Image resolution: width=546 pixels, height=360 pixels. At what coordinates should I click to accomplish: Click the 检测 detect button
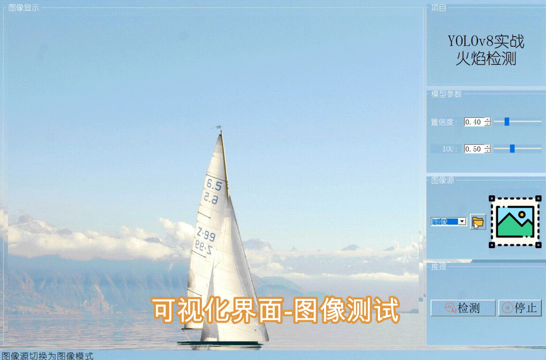pyautogui.click(x=463, y=308)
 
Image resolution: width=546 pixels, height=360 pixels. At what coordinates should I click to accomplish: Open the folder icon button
pyautogui.click(x=478, y=222)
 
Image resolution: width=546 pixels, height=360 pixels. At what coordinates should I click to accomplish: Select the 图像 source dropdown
pyautogui.click(x=448, y=222)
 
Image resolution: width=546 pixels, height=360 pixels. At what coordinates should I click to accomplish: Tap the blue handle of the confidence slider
pyautogui.click(x=507, y=121)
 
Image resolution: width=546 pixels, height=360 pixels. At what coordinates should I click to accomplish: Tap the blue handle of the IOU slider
pyautogui.click(x=512, y=149)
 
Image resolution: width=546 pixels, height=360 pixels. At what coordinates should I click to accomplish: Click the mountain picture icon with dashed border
pyautogui.click(x=515, y=222)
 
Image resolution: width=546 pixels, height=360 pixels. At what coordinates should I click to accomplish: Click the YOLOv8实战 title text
pyautogui.click(x=486, y=42)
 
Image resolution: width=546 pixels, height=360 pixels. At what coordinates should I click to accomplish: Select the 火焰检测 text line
pyautogui.click(x=486, y=59)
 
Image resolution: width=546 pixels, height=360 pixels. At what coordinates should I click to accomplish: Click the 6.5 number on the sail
pyautogui.click(x=214, y=185)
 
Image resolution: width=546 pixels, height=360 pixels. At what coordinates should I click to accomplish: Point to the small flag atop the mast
pyautogui.click(x=218, y=127)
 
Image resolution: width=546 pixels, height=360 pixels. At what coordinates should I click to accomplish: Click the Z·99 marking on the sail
pyautogui.click(x=206, y=234)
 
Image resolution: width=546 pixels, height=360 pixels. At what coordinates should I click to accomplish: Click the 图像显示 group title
pyautogui.click(x=24, y=8)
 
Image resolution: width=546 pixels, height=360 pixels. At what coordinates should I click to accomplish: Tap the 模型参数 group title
pyautogui.click(x=446, y=94)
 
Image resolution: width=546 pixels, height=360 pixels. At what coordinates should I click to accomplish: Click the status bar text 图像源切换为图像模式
pyautogui.click(x=47, y=356)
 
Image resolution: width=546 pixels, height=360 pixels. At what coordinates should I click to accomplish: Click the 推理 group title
pyautogui.click(x=439, y=267)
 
